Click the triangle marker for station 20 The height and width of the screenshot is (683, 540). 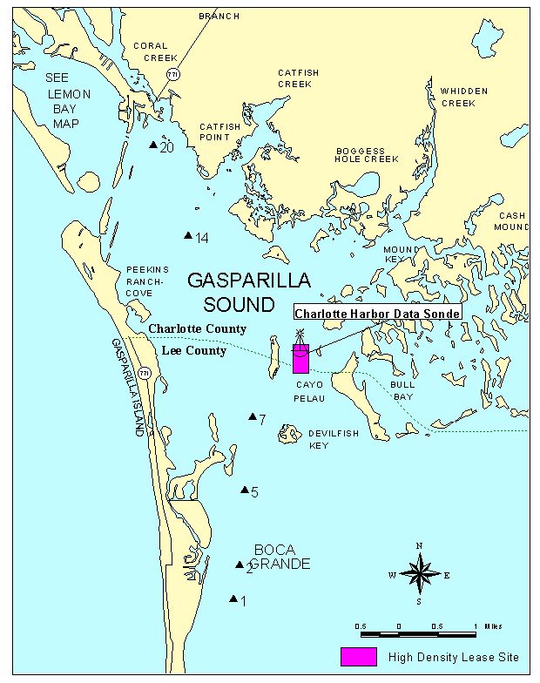[153, 145]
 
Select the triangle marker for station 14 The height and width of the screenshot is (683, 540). [187, 236]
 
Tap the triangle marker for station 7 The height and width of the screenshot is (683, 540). [253, 417]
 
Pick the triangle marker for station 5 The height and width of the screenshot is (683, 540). [245, 490]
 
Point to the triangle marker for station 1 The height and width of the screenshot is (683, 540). [233, 598]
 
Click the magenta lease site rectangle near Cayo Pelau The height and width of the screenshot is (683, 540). [300, 359]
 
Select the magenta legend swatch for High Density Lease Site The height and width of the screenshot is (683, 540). [358, 657]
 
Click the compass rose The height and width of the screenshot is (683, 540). [419, 574]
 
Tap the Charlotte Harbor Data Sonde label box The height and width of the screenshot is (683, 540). [377, 314]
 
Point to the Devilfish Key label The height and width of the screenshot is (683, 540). [331, 439]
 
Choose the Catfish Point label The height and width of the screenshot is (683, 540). [219, 132]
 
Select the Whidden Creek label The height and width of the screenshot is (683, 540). [464, 97]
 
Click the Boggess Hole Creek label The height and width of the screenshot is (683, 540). [367, 155]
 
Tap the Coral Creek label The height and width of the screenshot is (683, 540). [151, 52]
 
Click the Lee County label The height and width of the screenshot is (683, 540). [195, 351]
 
